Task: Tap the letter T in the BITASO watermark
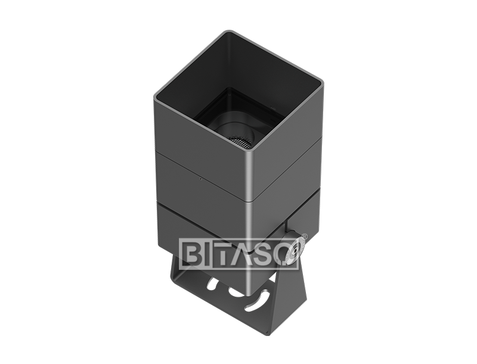(224, 253)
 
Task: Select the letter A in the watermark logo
(245, 253)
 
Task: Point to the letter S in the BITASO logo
(267, 253)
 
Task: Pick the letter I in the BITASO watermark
(207, 253)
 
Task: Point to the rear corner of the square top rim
(230, 33)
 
